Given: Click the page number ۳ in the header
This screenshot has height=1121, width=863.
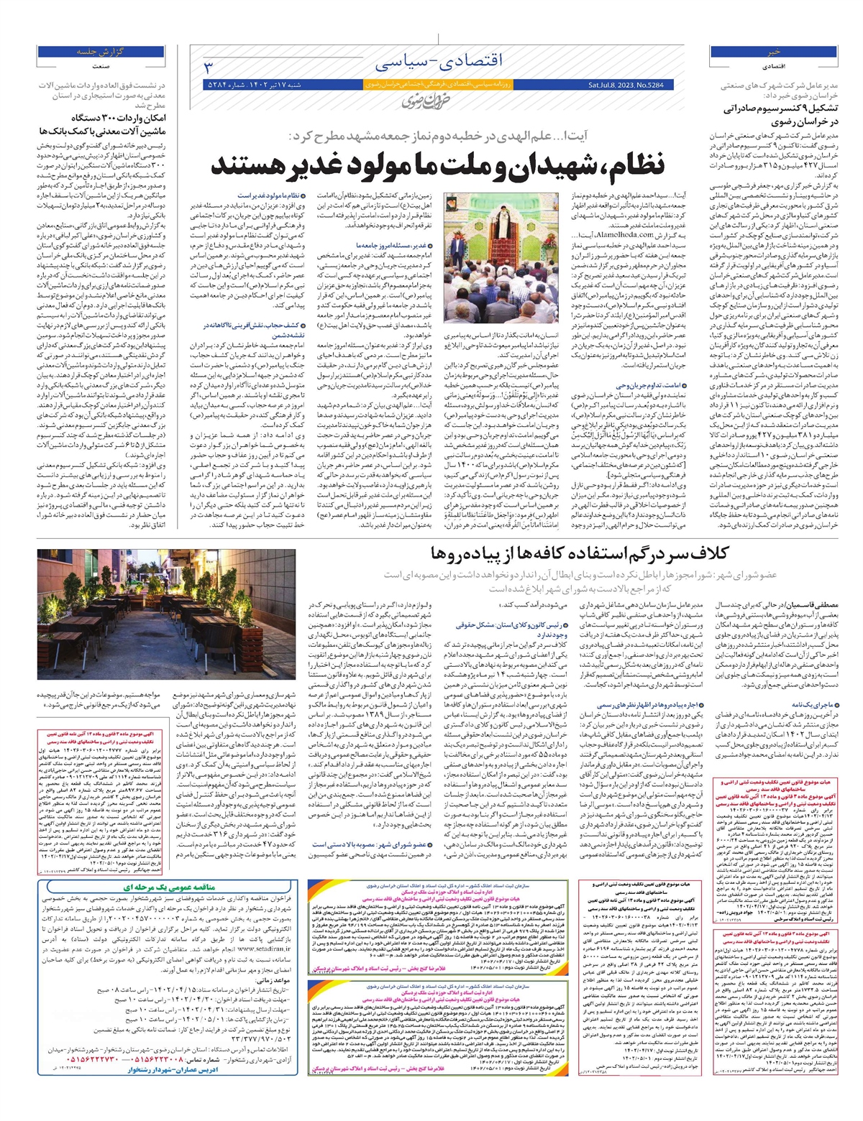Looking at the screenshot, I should (209, 68).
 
